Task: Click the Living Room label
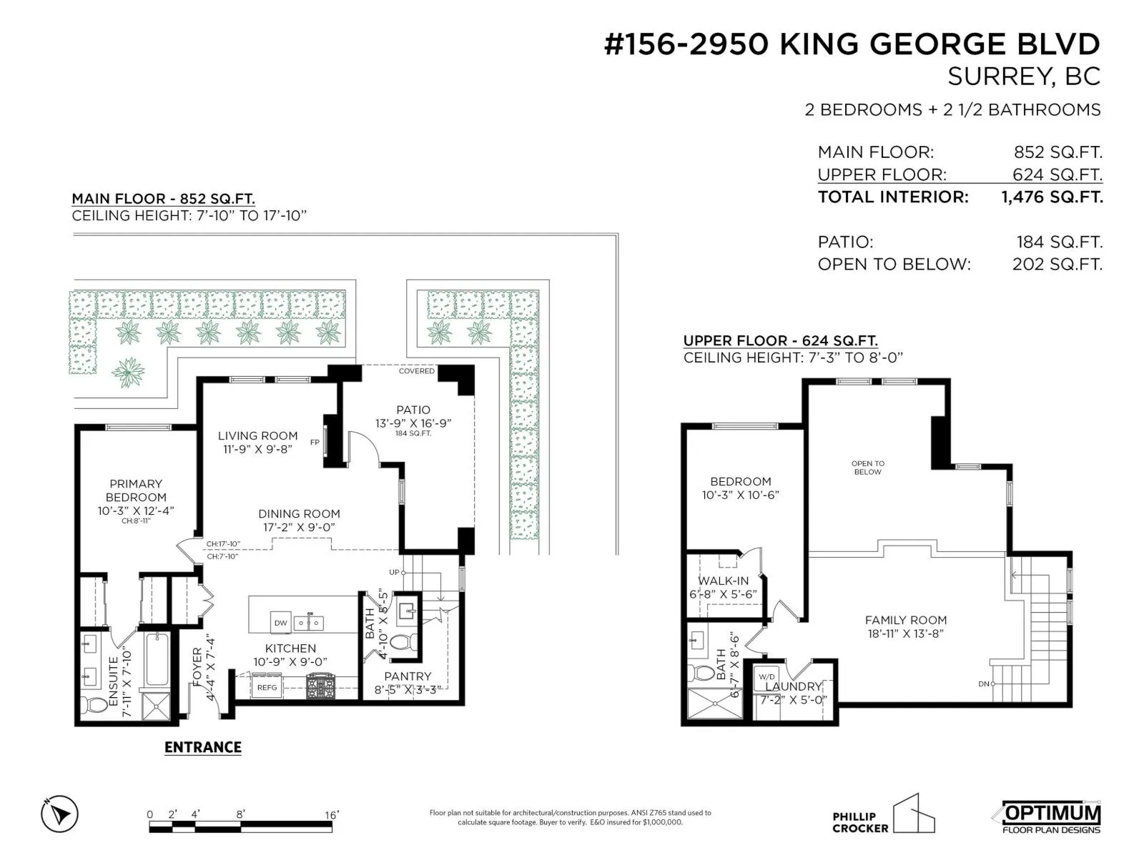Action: click(x=257, y=435)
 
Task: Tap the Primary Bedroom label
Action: click(x=136, y=490)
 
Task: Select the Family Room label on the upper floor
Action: click(x=906, y=620)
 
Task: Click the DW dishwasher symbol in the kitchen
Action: click(x=280, y=623)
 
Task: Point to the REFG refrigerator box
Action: click(x=267, y=688)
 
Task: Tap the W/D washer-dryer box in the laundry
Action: click(x=766, y=676)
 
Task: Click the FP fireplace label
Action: click(x=315, y=443)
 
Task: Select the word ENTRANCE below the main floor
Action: click(x=203, y=747)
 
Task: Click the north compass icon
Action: click(x=59, y=813)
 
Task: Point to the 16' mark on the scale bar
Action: click(x=332, y=815)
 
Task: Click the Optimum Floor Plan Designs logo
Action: click(x=1050, y=817)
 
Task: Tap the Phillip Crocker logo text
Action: click(x=860, y=822)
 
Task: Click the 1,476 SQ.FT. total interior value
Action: click(x=1052, y=197)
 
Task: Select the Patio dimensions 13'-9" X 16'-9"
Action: click(x=413, y=423)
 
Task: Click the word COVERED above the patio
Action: click(x=416, y=371)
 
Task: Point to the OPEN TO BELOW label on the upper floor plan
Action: click(x=868, y=468)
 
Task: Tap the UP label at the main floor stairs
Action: click(x=393, y=572)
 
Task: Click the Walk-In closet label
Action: click(x=723, y=581)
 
